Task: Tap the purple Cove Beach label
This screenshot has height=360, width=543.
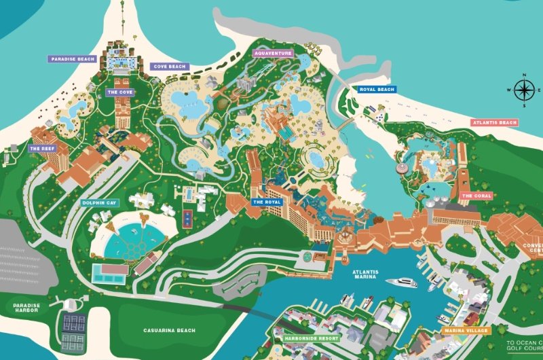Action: pos(169,67)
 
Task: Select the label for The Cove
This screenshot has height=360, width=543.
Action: pos(119,92)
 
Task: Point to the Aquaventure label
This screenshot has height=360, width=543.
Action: pos(273,53)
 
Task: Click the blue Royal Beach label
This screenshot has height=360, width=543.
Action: pos(377,89)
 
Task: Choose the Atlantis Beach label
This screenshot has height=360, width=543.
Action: pos(494,122)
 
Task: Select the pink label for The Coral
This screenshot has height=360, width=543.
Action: pos(476,196)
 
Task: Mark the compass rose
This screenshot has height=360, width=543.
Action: pos(523,90)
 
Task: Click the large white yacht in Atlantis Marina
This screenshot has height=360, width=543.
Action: pos(400,283)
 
